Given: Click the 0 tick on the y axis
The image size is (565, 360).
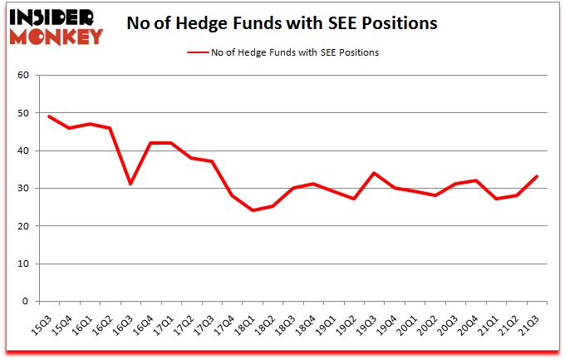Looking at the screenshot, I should click(x=25, y=302).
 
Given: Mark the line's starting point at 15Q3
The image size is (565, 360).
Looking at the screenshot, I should click(x=49, y=116).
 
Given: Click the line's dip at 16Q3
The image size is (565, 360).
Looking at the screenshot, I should click(x=130, y=185).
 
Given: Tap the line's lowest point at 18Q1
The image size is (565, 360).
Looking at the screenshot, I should click(x=253, y=210).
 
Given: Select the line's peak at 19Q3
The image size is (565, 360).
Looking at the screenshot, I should click(x=375, y=173).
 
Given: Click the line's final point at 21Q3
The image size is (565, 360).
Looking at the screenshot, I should click(x=538, y=176).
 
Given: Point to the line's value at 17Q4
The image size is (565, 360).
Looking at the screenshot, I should click(x=233, y=195).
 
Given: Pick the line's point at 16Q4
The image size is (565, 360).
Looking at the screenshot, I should click(x=150, y=143).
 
